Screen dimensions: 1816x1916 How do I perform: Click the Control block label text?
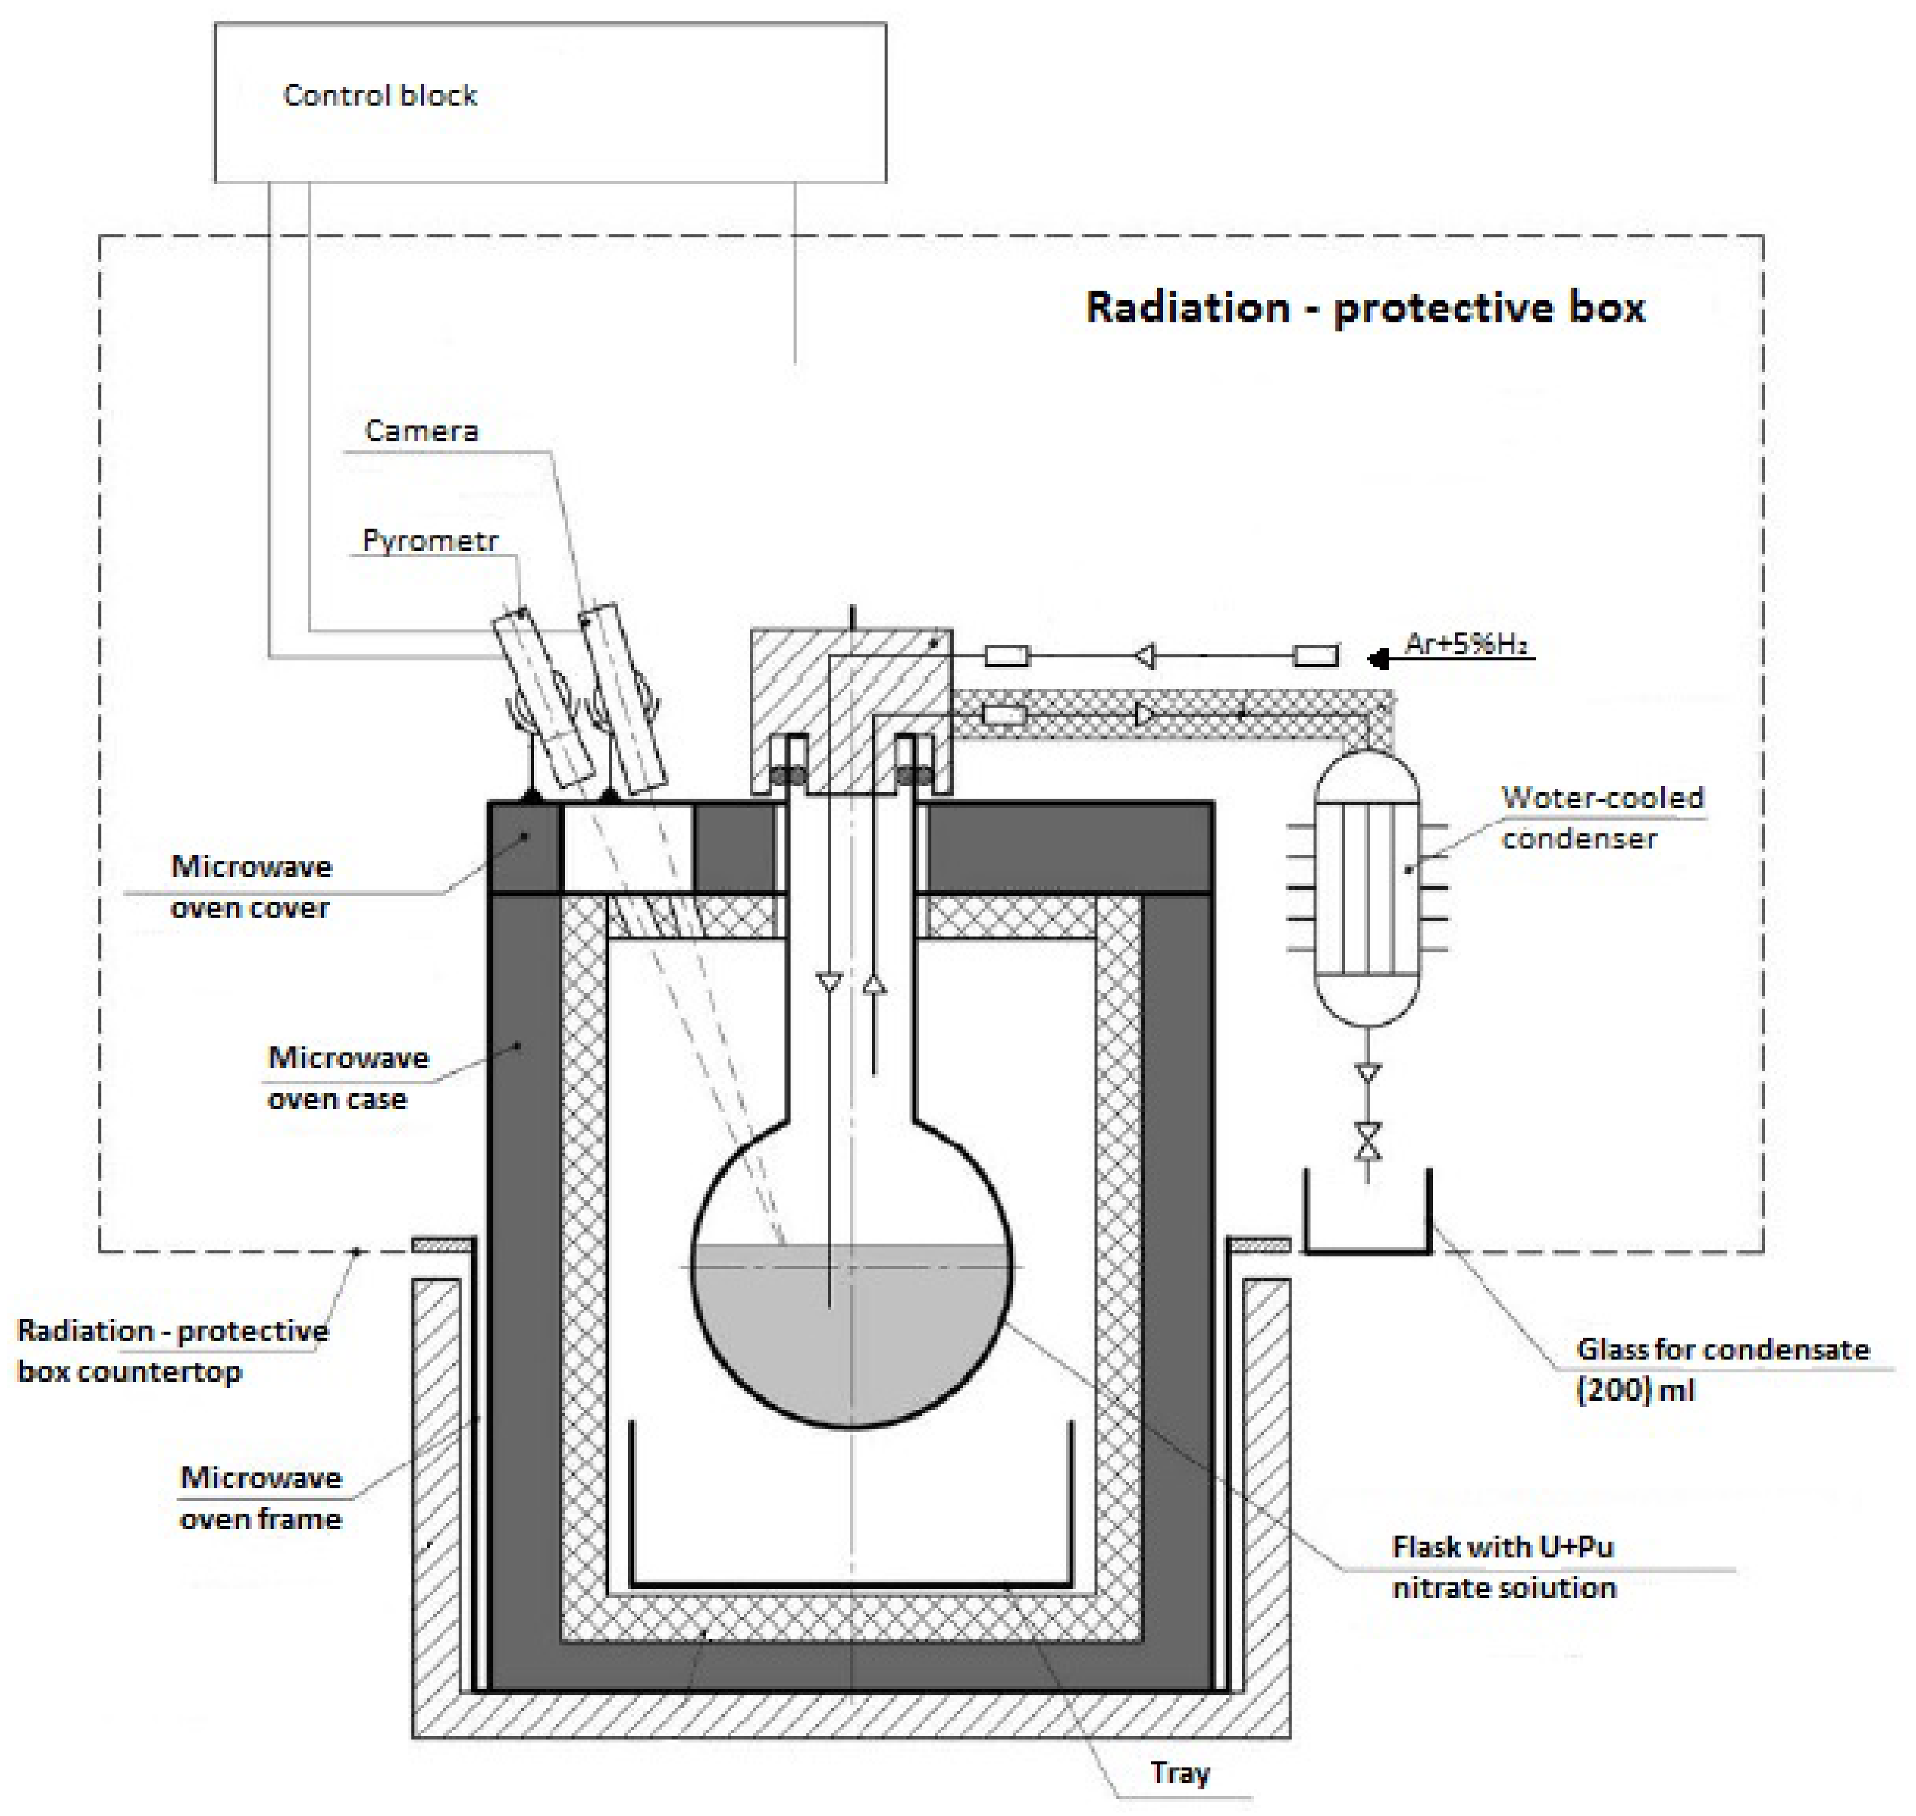pyautogui.click(x=379, y=95)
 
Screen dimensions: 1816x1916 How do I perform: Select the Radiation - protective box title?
pyautogui.click(x=1364, y=308)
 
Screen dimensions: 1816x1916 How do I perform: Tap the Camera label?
pyautogui.click(x=421, y=431)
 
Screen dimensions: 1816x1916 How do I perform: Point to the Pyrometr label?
pyautogui.click(x=430, y=540)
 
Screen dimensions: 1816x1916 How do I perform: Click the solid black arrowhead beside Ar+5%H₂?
pyautogui.click(x=1378, y=659)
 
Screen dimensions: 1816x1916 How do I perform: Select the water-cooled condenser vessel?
pyautogui.click(x=1366, y=888)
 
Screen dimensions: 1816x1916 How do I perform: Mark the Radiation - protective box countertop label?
pyautogui.click(x=172, y=1350)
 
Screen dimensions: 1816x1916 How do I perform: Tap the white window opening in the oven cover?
pyautogui.click(x=628, y=847)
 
